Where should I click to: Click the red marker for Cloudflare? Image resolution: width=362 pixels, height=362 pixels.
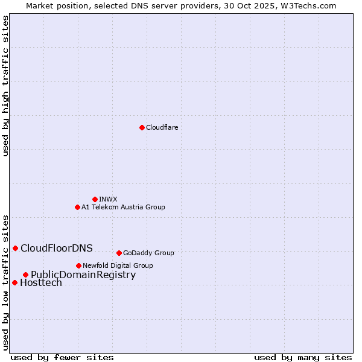click(142, 127)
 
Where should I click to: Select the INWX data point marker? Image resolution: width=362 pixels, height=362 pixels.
click(95, 199)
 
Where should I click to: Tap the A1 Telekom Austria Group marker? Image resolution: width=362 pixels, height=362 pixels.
click(77, 207)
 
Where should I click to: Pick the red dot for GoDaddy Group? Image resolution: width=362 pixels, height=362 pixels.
click(119, 253)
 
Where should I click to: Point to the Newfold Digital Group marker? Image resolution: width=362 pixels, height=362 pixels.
click(78, 265)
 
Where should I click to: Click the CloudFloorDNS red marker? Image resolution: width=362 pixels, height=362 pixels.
click(15, 248)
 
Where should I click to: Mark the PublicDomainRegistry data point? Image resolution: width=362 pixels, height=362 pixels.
click(25, 275)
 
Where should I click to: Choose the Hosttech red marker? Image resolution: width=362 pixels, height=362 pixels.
click(14, 282)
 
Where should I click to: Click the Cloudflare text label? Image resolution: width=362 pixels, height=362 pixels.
click(162, 127)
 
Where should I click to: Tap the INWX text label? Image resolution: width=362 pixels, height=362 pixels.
click(108, 199)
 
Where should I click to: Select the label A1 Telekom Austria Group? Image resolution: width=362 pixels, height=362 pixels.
click(123, 207)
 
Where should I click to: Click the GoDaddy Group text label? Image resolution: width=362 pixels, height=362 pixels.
click(148, 253)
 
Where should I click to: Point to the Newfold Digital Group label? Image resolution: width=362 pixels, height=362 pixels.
click(118, 265)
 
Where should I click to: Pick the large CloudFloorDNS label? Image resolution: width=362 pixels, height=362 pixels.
click(57, 248)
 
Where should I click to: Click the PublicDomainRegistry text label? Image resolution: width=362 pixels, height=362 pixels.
click(83, 275)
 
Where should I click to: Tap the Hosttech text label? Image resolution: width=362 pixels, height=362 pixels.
click(41, 282)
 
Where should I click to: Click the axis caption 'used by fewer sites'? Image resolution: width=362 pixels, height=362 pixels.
click(62, 357)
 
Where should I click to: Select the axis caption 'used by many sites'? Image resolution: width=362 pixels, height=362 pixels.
click(303, 357)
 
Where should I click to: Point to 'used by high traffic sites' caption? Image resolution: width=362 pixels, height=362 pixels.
click(5, 86)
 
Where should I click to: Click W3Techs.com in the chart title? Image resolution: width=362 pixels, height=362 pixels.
click(306, 5)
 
